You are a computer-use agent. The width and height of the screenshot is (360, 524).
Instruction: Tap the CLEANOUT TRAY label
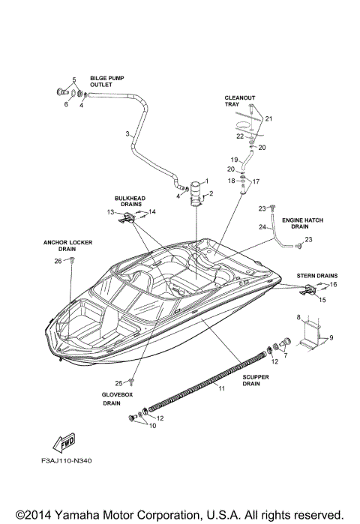(x=235, y=101)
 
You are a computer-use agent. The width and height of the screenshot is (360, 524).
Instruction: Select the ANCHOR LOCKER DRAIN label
(x=64, y=246)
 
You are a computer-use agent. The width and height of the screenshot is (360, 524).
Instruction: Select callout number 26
(x=58, y=261)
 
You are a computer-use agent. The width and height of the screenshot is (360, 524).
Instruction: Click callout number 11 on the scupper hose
(x=221, y=388)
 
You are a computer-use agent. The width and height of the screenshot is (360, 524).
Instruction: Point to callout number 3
(x=127, y=134)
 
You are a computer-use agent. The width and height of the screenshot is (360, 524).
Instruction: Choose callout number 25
(x=117, y=384)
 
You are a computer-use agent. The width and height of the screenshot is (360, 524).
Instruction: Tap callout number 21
(x=268, y=119)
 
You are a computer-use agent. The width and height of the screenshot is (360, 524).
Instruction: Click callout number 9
(x=330, y=338)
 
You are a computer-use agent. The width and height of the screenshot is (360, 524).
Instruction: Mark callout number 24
(x=262, y=226)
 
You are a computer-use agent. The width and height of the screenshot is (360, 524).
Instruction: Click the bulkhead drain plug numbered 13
(x=128, y=217)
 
